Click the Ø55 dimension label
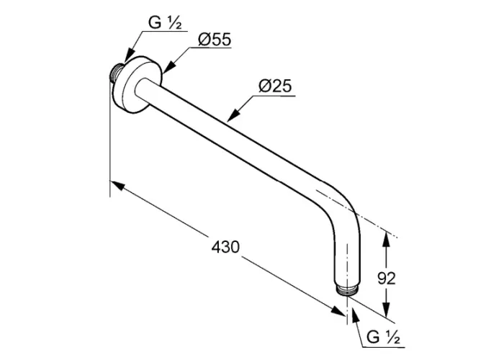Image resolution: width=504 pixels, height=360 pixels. point(215,40)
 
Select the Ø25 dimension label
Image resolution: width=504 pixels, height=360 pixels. point(275,86)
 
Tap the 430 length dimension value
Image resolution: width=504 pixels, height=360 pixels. point(225,247)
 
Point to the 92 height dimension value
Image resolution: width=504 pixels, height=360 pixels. point(387,279)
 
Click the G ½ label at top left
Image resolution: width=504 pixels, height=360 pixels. point(165,23)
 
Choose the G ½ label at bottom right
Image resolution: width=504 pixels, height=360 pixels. point(383,338)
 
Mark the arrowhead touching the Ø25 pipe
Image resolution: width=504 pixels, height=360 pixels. point(233,114)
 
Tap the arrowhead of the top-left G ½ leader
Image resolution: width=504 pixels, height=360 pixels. point(129,55)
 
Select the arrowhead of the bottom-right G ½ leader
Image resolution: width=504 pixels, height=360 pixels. point(355,315)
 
